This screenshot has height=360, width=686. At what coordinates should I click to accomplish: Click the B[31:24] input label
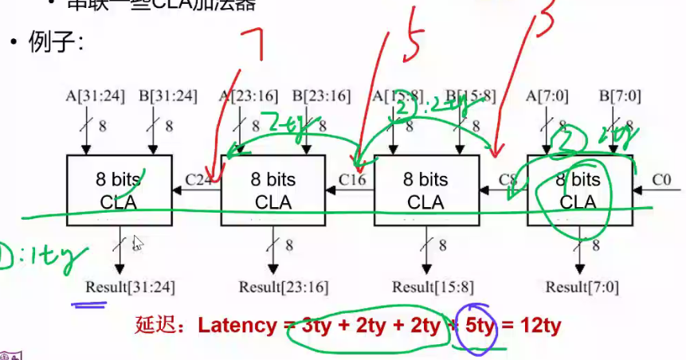click(x=167, y=96)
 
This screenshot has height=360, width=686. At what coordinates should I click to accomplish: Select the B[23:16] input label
click(x=321, y=96)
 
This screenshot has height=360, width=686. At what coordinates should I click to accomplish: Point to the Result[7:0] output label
click(x=582, y=286)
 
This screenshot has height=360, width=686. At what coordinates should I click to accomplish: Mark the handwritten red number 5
click(x=414, y=40)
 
